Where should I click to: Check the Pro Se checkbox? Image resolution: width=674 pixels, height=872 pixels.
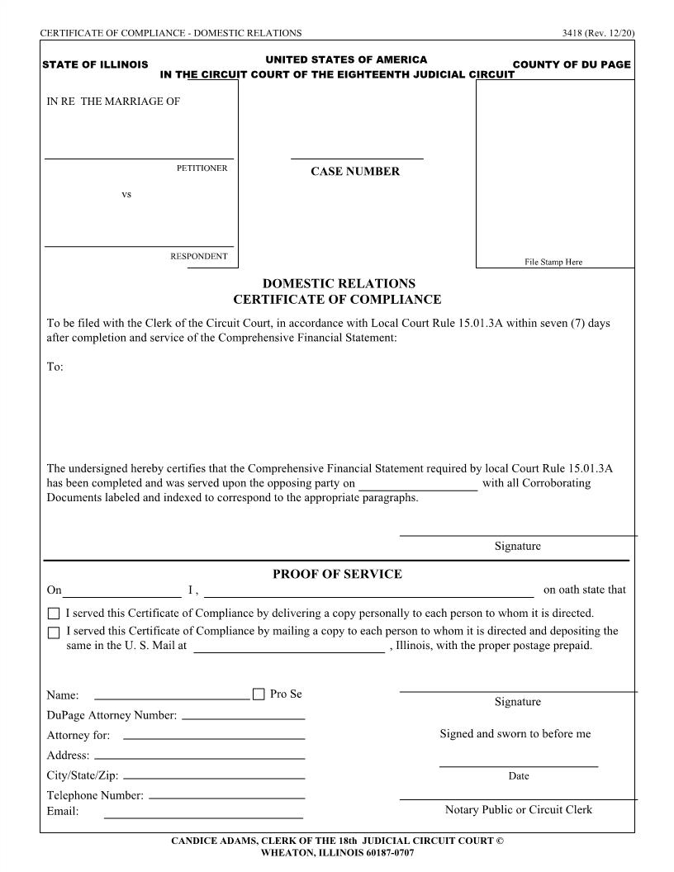[259, 694]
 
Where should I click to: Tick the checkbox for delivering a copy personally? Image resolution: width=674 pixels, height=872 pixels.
[55, 614]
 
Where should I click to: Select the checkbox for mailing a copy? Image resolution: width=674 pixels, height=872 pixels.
[55, 633]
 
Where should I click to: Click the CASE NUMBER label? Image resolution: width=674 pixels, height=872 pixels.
[355, 172]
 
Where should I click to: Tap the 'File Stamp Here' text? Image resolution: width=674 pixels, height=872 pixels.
[553, 262]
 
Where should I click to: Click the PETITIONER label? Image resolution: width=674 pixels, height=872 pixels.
[202, 168]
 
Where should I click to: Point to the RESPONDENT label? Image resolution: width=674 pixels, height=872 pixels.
[198, 257]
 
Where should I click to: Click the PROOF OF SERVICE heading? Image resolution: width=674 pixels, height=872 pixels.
[337, 574]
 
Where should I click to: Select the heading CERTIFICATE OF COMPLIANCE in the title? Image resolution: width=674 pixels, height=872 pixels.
[337, 300]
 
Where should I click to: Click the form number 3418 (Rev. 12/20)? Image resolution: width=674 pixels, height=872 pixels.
[596, 33]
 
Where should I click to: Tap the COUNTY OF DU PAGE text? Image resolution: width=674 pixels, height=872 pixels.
[572, 64]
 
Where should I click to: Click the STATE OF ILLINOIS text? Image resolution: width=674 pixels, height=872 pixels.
[95, 64]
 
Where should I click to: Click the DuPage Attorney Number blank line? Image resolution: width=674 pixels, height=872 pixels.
[243, 718]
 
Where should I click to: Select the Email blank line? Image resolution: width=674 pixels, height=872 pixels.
[203, 817]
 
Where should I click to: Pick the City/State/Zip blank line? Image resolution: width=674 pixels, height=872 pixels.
[213, 779]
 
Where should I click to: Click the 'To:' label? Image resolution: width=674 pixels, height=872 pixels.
[55, 367]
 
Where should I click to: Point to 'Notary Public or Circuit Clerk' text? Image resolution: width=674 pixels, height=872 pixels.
[519, 810]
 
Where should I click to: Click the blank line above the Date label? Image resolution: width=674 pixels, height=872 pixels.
[519, 766]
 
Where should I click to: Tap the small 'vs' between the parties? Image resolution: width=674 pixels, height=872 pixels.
[126, 195]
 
